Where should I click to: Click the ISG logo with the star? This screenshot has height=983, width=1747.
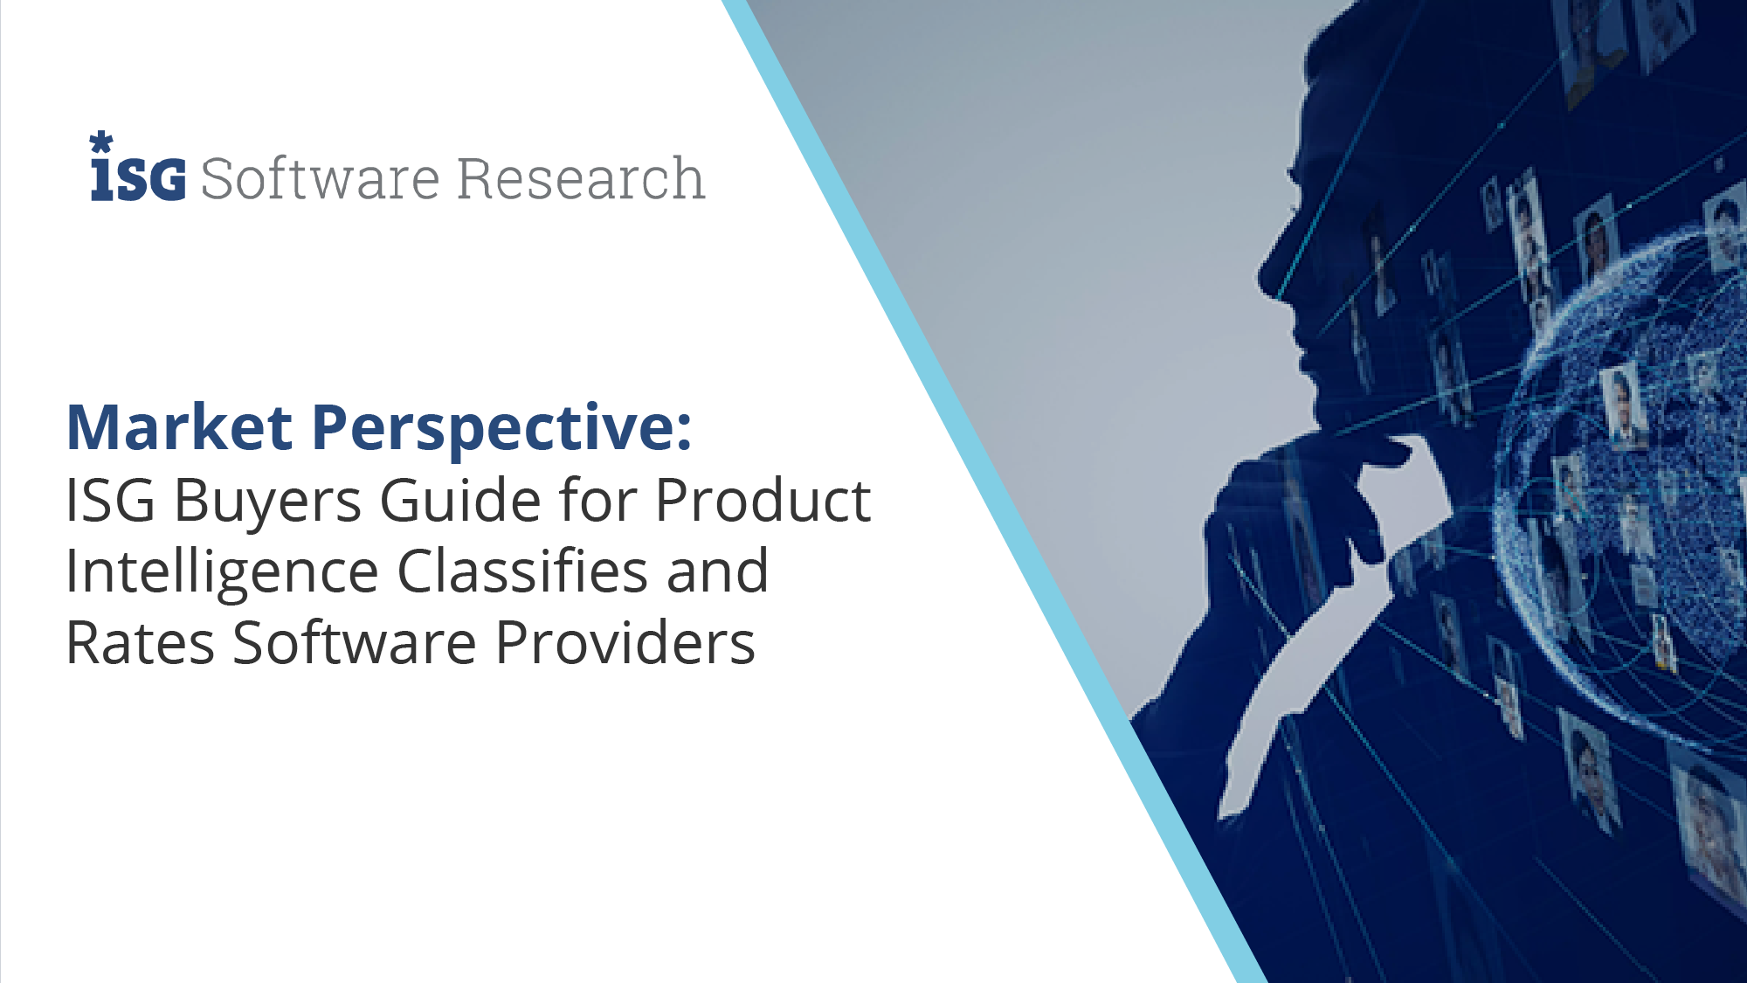[138, 167]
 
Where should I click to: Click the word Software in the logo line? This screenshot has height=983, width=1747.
[320, 178]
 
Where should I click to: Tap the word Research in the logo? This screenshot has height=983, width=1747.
[581, 178]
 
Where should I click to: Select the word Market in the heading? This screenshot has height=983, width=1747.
[180, 427]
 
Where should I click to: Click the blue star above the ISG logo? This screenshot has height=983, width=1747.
[101, 142]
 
